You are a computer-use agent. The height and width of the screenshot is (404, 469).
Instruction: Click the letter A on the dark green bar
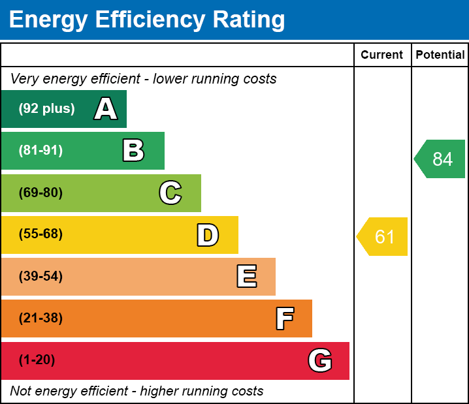point(106,109)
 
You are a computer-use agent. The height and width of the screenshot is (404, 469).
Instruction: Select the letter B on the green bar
point(133,151)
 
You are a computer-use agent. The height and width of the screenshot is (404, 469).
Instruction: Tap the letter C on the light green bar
point(170,193)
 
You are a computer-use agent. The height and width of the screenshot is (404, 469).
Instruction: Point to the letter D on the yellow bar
point(208,235)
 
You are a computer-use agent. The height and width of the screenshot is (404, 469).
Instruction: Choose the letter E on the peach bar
point(246,277)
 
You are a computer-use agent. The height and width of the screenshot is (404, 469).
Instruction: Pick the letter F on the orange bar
point(284,319)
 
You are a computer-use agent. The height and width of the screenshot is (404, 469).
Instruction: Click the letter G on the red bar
point(320,360)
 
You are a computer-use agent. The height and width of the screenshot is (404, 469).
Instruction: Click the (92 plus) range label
point(46,109)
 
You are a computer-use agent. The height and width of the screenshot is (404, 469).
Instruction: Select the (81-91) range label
point(40,151)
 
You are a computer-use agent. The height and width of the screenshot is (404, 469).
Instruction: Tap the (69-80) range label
point(40,193)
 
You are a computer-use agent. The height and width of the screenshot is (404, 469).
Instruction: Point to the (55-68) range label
point(40,234)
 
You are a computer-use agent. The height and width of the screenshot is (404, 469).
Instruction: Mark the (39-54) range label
point(40,277)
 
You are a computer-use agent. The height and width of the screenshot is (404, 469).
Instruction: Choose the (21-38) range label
point(40,319)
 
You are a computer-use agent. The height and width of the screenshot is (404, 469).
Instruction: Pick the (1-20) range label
point(37,360)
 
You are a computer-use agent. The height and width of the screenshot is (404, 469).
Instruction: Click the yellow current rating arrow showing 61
point(383,236)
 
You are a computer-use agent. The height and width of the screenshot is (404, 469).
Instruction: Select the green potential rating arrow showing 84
point(441,159)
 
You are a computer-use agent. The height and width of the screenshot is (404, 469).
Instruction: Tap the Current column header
point(382,55)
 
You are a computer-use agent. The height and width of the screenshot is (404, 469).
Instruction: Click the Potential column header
point(440,55)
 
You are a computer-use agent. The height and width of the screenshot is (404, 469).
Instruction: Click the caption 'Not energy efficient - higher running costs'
point(137,391)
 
